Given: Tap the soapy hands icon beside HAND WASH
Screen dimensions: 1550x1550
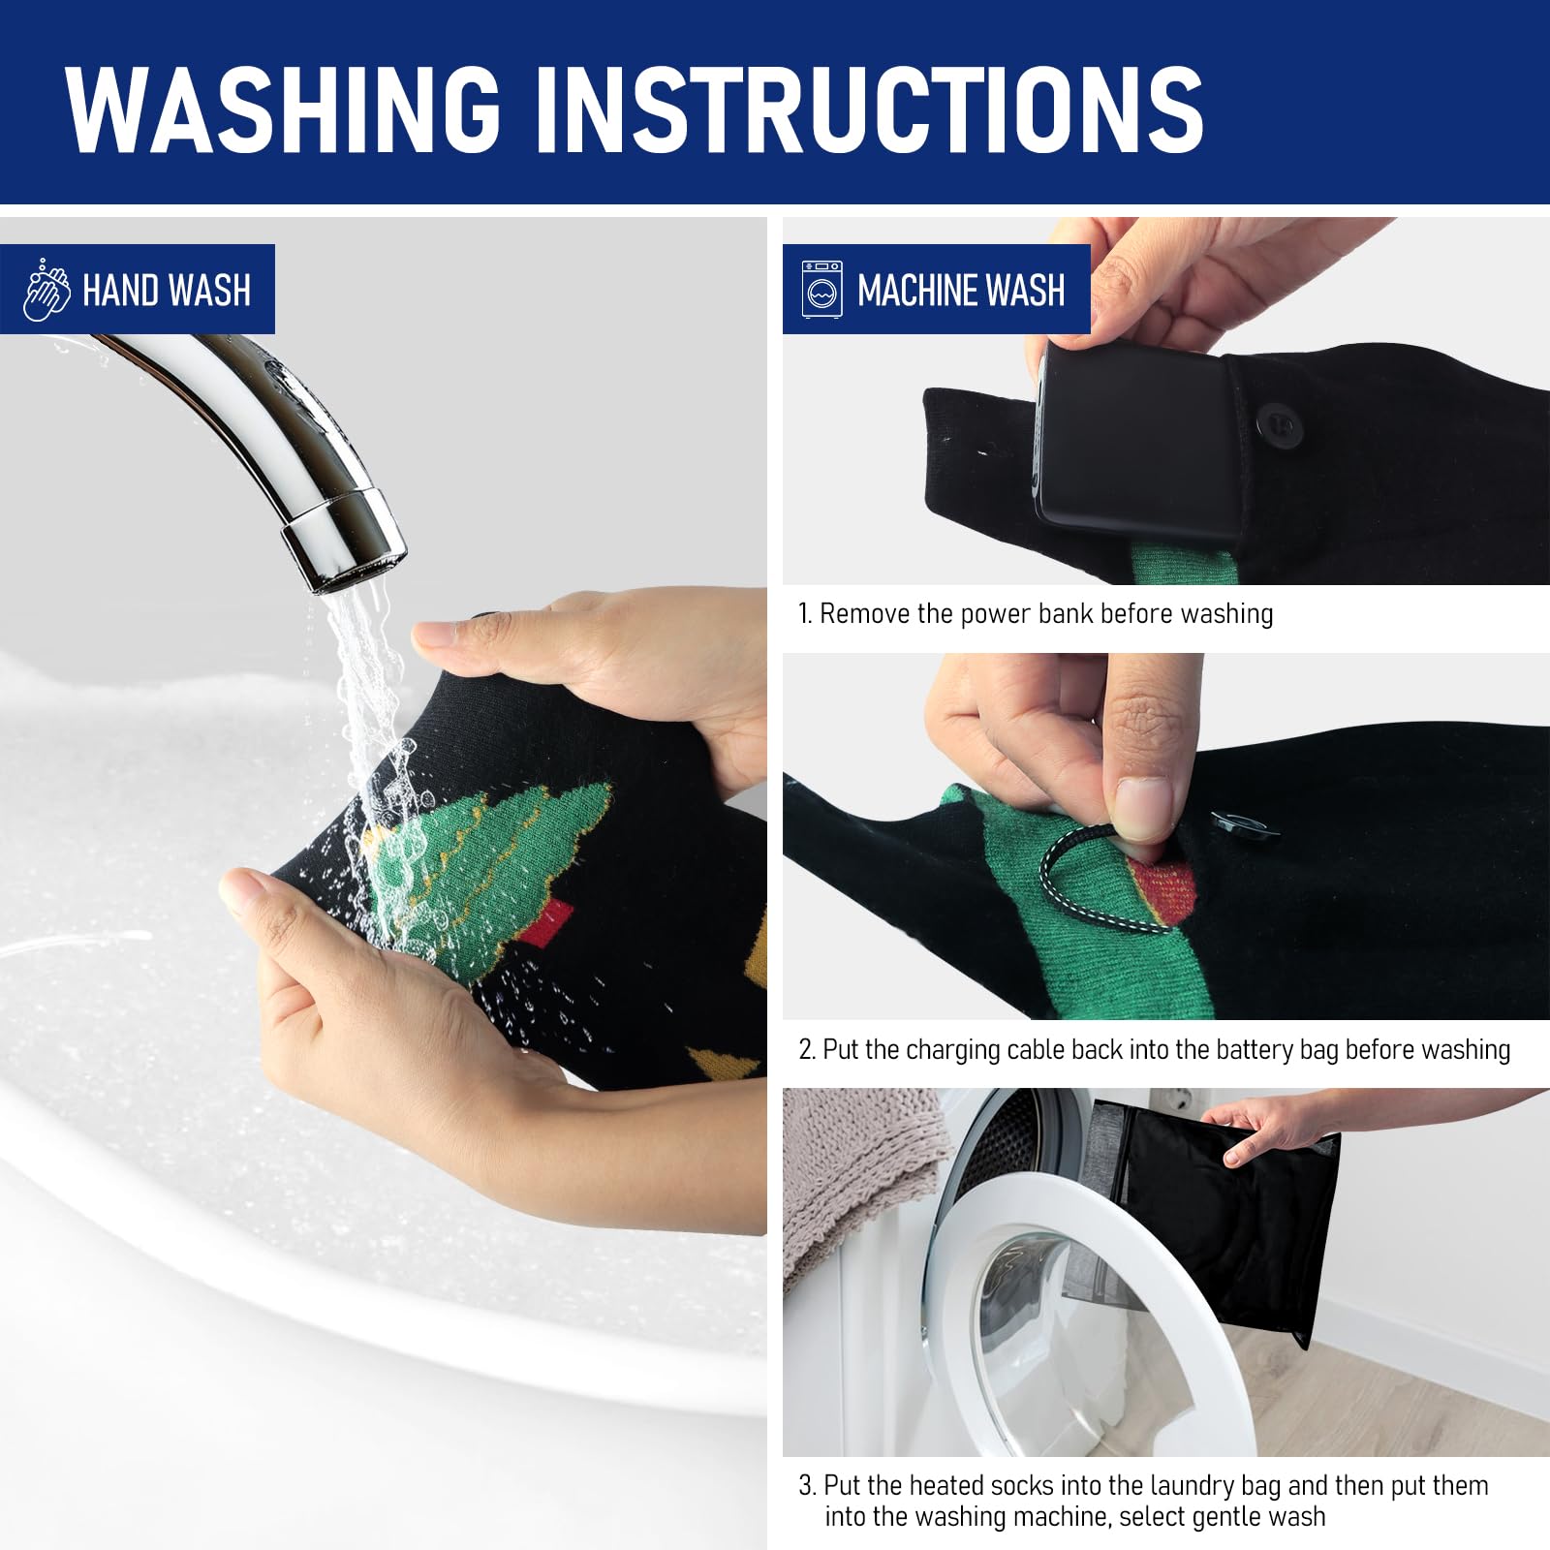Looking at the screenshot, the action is pos(46,290).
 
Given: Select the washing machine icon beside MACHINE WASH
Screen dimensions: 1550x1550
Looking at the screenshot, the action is pos(821,290).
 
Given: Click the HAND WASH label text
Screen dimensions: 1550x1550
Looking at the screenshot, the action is pos(167,291).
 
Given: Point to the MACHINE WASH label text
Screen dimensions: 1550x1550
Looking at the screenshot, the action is pos(961,291).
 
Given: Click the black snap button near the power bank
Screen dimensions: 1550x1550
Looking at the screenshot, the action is pos(1275,424).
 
